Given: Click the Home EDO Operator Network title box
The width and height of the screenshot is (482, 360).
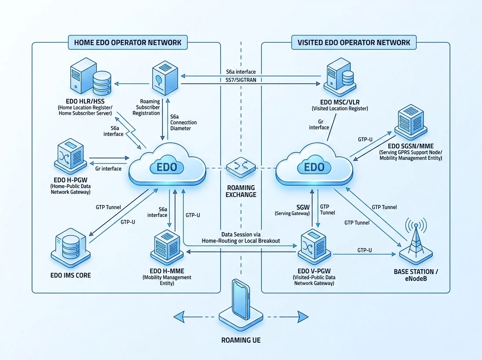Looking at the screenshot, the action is (x=128, y=42).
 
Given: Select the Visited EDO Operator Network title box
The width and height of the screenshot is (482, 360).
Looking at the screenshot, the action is (x=354, y=42).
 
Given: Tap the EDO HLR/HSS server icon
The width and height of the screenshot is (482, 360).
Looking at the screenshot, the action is (x=91, y=76).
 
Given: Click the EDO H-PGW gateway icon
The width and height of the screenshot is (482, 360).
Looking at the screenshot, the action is (x=70, y=156).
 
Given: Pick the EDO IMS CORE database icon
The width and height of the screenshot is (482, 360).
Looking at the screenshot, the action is (x=70, y=248).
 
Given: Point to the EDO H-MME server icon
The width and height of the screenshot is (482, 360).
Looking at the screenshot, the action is (x=167, y=247).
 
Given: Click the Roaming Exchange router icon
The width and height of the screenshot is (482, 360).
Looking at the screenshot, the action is (x=241, y=168).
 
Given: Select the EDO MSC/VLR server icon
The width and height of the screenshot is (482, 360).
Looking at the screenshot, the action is (x=340, y=77).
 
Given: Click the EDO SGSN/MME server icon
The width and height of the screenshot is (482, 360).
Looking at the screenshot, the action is (x=411, y=122).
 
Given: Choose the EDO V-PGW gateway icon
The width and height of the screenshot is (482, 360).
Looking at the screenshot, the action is (x=314, y=247).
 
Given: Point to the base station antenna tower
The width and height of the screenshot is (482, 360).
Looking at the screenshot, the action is (x=416, y=241).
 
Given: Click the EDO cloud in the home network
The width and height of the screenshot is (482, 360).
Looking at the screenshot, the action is (x=167, y=164).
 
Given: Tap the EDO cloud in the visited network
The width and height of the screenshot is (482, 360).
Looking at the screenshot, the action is (x=314, y=164).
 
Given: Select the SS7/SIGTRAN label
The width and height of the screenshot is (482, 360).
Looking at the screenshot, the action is (x=241, y=80).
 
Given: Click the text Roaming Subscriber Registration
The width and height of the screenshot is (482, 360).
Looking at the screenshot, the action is (x=146, y=107).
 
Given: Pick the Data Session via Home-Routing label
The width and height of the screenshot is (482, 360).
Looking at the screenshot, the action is (x=241, y=238).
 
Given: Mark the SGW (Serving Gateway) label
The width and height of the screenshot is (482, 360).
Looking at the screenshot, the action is (x=292, y=210).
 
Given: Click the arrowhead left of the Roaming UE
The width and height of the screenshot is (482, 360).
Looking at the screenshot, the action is (x=179, y=317).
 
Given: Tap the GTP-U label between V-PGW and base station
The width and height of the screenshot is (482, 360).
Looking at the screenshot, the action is (x=365, y=250).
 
